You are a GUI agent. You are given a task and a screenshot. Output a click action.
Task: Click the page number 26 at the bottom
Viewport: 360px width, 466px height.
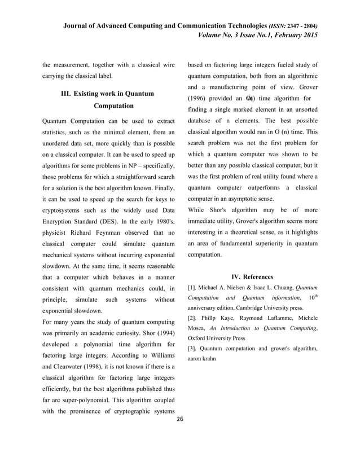[x=180, y=420]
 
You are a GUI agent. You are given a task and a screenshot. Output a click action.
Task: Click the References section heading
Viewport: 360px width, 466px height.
[x=258, y=277]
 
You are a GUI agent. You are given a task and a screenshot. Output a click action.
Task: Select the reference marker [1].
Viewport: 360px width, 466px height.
[x=192, y=288]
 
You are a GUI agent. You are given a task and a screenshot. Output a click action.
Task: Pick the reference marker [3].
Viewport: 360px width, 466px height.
[x=192, y=349]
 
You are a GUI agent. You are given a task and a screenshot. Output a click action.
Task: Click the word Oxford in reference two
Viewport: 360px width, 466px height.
[x=197, y=338]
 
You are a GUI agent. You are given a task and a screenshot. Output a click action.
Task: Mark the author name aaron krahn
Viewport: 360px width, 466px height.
[x=201, y=359]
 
